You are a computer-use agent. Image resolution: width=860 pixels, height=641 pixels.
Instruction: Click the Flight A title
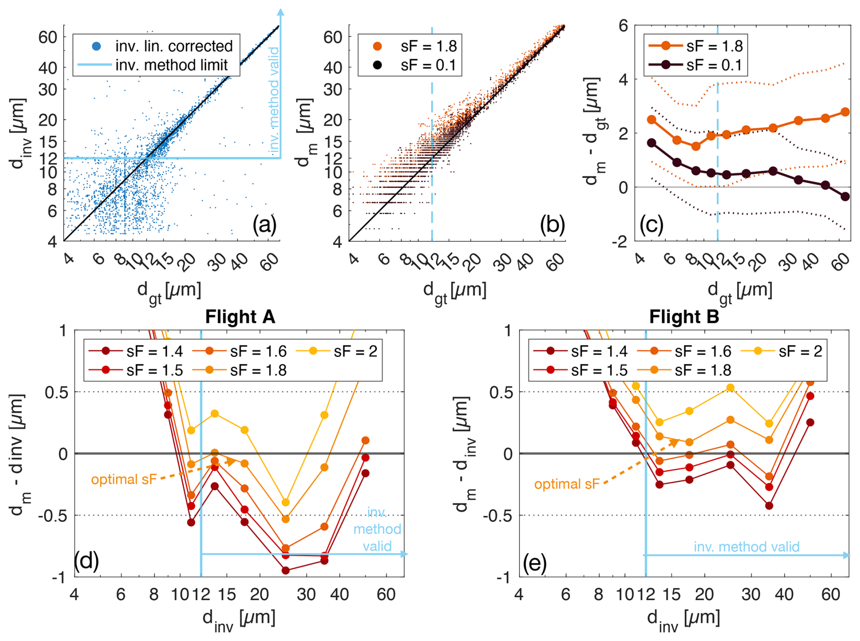tap(240, 317)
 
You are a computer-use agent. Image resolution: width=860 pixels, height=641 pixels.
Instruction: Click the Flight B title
tap(684, 317)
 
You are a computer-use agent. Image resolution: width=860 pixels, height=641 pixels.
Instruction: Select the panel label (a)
tap(265, 225)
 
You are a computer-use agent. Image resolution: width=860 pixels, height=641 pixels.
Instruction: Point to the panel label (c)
tap(651, 225)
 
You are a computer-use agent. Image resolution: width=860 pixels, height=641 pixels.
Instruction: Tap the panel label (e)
tap(535, 563)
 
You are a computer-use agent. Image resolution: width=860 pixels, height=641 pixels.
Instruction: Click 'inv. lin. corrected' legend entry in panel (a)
tap(174, 46)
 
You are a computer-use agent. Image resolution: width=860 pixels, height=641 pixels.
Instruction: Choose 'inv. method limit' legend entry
tap(171, 65)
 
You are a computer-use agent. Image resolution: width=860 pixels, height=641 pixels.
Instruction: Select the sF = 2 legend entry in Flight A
tap(355, 351)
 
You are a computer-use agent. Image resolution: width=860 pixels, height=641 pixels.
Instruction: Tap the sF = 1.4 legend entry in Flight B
tap(599, 351)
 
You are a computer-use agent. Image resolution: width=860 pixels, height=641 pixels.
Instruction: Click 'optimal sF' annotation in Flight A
tap(124, 479)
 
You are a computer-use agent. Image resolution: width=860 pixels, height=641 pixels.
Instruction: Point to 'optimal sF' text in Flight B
tap(567, 484)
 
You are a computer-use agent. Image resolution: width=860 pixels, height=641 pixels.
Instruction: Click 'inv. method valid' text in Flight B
tap(746, 547)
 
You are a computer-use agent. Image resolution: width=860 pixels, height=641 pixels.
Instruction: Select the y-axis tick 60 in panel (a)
tap(47, 37)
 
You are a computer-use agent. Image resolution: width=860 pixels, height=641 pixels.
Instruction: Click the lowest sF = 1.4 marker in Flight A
tap(285, 571)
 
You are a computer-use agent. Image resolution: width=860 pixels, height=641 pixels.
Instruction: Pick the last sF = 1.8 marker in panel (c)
tap(845, 112)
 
